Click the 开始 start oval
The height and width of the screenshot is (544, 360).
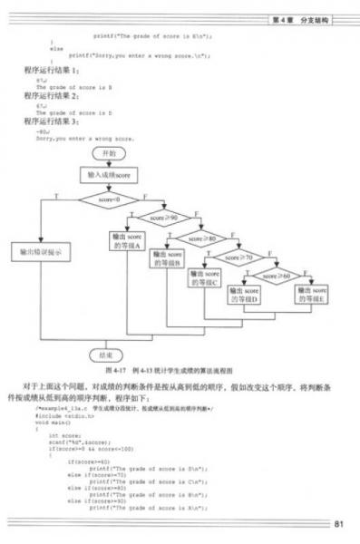click(109, 154)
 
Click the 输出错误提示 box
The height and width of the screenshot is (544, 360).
click(40, 251)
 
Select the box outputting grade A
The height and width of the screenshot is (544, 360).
click(127, 242)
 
